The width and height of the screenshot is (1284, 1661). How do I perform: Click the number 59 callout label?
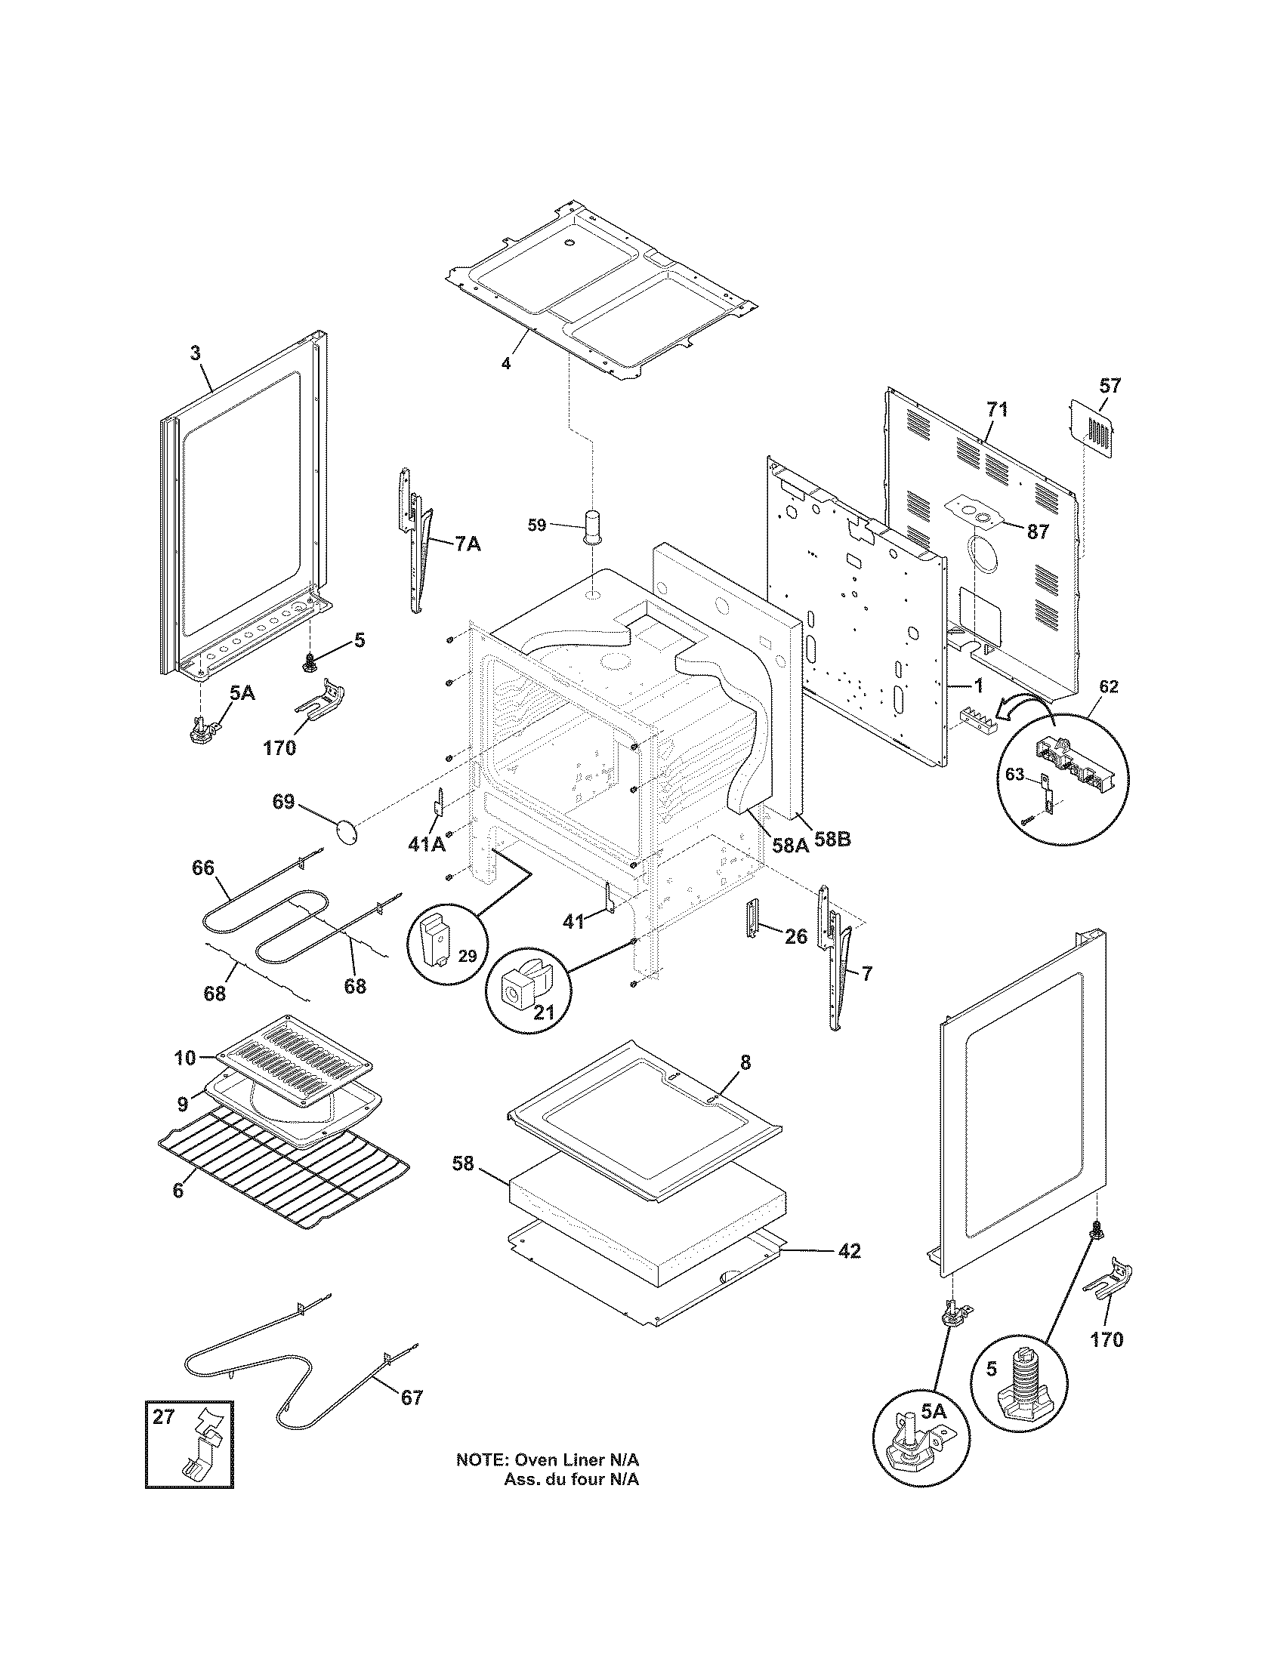[537, 525]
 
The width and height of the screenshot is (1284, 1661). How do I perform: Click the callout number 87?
[1039, 532]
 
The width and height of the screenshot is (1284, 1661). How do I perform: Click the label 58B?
[832, 840]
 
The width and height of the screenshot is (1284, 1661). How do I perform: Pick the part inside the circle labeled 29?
[435, 938]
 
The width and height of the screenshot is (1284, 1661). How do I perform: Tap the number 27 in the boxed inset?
[164, 1416]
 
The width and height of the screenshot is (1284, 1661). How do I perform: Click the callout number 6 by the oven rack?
[178, 1190]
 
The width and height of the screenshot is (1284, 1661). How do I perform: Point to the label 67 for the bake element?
[412, 1397]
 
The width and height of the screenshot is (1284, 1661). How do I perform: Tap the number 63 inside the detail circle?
[1015, 775]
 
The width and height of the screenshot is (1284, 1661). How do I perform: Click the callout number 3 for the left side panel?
[196, 353]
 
